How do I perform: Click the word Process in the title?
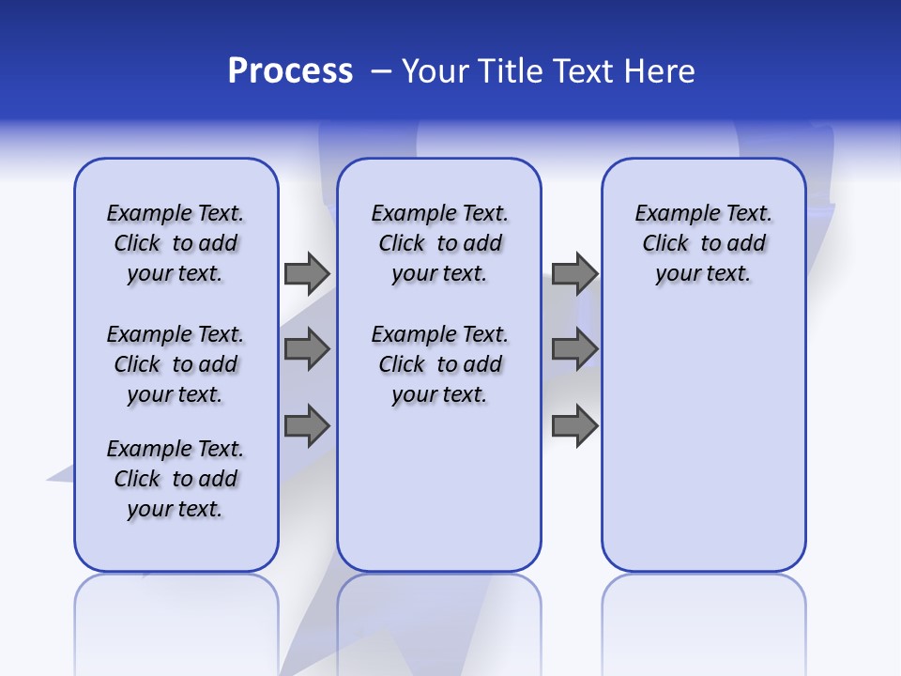[290, 71]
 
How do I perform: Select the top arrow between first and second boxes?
[306, 273]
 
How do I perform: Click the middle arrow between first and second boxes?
[306, 349]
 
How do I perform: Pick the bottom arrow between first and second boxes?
[306, 426]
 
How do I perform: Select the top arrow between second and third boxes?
[574, 273]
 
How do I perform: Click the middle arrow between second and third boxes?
[574, 349]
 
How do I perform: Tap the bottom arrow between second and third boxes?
[574, 426]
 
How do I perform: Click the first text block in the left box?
[176, 243]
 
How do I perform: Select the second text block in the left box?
[176, 364]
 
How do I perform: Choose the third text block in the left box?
[176, 479]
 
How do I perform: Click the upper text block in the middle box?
[440, 243]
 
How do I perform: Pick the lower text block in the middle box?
[440, 364]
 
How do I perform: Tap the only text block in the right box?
[704, 243]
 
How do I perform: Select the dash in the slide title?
[381, 71]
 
